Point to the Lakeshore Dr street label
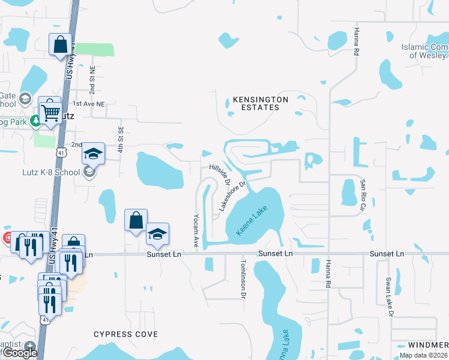233,196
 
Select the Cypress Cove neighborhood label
126,334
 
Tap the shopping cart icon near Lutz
51,111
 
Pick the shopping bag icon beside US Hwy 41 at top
60,44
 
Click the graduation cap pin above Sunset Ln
157,235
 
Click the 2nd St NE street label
92,80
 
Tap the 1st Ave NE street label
89,103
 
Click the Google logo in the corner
20,353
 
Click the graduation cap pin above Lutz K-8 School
93,154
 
